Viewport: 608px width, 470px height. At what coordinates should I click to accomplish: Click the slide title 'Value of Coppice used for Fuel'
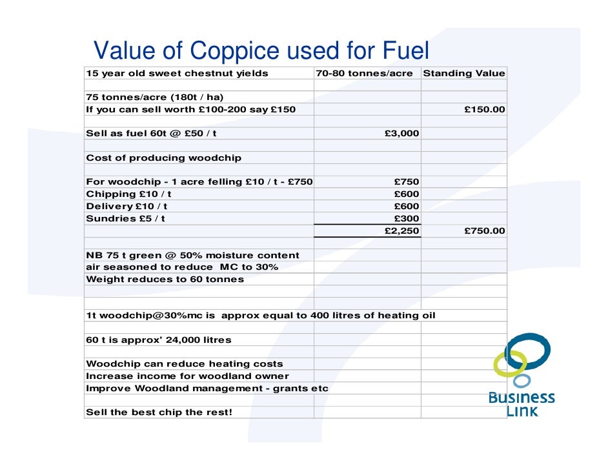tap(261, 50)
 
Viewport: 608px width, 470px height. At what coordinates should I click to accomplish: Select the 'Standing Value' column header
tap(463, 73)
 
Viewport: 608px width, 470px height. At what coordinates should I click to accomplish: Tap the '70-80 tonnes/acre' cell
tap(367, 73)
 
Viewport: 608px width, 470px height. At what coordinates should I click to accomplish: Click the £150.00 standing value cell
tap(485, 109)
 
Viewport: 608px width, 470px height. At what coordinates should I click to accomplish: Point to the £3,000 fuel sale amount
tap(401, 134)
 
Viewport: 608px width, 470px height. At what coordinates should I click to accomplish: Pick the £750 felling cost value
tap(406, 182)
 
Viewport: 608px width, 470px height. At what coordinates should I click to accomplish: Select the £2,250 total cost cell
tap(401, 230)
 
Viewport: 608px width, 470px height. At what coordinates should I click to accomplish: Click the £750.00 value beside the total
tap(485, 230)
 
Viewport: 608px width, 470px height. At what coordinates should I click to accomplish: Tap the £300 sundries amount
tap(406, 218)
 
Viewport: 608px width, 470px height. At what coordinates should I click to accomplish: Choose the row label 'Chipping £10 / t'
tap(129, 194)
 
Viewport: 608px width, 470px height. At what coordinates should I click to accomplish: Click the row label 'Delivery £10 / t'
tap(127, 206)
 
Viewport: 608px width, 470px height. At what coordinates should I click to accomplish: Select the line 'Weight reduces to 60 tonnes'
tap(165, 279)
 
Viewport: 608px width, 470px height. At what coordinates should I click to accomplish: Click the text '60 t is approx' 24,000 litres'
tap(158, 340)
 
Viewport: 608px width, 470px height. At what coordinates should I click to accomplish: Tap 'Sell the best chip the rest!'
tap(158, 412)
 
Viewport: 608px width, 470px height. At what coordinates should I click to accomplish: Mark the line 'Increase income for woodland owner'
tap(187, 376)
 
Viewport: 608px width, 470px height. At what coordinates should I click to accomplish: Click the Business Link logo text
tap(522, 404)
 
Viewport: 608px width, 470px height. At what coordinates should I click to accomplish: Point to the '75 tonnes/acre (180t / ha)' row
tap(154, 97)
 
